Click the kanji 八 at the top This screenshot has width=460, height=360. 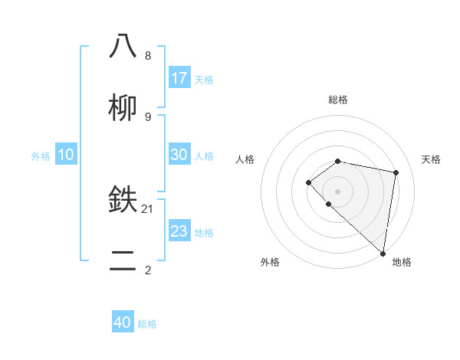[x=123, y=47]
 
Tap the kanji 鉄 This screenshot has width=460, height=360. [x=123, y=200]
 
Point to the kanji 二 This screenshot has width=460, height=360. [x=123, y=261]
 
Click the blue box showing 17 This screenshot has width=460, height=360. [x=179, y=78]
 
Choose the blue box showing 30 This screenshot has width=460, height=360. [x=179, y=155]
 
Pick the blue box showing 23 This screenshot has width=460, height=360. [x=179, y=231]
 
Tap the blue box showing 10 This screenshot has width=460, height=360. [x=66, y=155]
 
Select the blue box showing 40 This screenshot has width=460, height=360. [x=123, y=322]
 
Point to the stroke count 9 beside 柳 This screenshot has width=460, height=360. [x=148, y=117]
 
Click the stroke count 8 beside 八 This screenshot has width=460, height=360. [x=148, y=56]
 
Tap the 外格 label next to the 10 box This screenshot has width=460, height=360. [x=41, y=156]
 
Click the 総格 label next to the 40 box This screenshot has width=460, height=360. [x=147, y=324]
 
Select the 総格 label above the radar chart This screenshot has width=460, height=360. [x=338, y=100]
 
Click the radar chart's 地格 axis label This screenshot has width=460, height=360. [x=402, y=262]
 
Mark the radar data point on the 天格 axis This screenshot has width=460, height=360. [x=396, y=172]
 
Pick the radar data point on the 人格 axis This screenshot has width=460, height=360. [x=308, y=182]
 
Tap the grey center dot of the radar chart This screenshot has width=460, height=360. [x=338, y=191]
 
